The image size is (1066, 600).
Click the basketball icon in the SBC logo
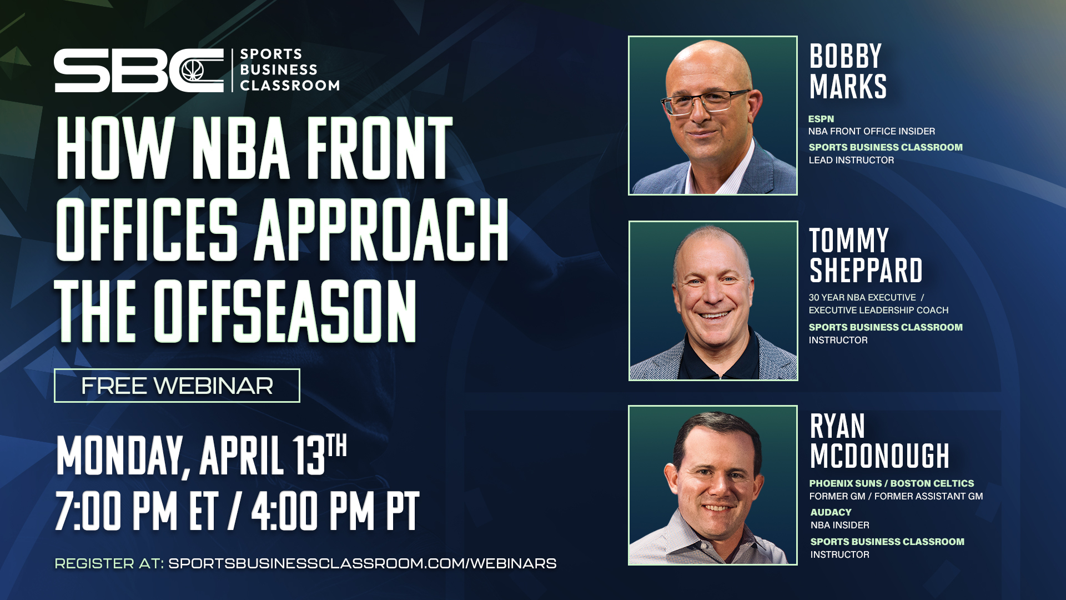pos(193,71)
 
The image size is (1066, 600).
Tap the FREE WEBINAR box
pos(177,386)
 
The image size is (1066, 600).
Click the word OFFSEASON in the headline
pos(285,311)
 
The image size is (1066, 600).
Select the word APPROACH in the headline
pos(381,229)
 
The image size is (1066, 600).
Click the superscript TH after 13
pos(336,445)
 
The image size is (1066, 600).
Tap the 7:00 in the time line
pos(115,511)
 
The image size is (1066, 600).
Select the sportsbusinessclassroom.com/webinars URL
pos(362,563)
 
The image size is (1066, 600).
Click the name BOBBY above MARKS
pos(846,56)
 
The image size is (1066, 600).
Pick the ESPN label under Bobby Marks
pos(821,119)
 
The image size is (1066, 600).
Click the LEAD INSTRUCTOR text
pos(851,160)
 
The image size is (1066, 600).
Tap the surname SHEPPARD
pos(866,271)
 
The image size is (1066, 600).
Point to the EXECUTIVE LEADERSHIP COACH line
pos(878,310)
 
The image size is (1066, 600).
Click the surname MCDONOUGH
pos(880,456)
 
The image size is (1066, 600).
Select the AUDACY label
pos(831,512)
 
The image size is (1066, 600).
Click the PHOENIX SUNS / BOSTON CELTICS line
pos(892,483)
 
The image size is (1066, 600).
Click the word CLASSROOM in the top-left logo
pos(290,86)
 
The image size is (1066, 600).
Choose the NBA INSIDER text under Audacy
pos(840,525)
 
